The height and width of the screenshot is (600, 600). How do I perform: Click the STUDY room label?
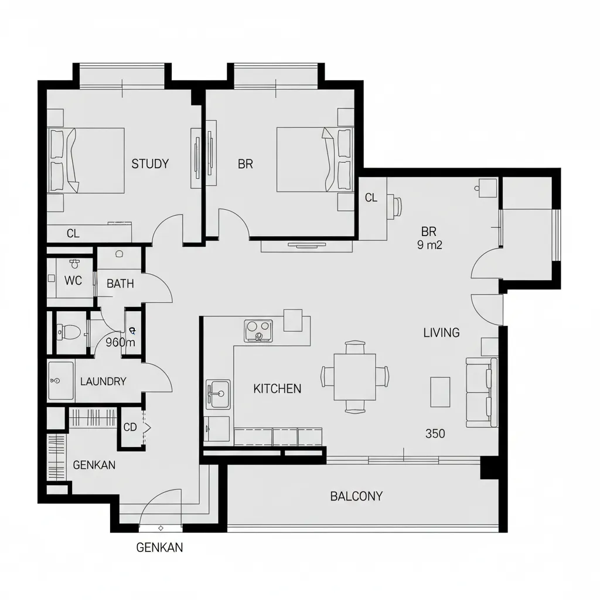pyautogui.click(x=150, y=164)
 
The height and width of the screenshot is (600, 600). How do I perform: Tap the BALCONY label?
pyautogui.click(x=356, y=496)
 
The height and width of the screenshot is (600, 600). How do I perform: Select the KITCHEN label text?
pyautogui.click(x=277, y=389)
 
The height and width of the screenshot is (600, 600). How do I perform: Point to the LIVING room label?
pyautogui.click(x=441, y=333)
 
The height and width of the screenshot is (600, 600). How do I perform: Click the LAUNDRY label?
pyautogui.click(x=103, y=381)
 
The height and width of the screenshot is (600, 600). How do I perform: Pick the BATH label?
pyautogui.click(x=120, y=284)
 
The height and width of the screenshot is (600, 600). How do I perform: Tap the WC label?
pyautogui.click(x=73, y=281)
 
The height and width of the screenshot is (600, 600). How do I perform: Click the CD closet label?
pyautogui.click(x=130, y=427)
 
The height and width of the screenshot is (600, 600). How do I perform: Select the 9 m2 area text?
pyautogui.click(x=429, y=245)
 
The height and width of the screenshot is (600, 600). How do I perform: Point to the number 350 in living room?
pyautogui.click(x=435, y=434)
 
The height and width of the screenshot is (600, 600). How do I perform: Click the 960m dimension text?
pyautogui.click(x=120, y=342)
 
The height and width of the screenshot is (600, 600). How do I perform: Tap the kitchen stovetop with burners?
pyautogui.click(x=258, y=330)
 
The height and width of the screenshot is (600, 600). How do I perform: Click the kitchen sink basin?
pyautogui.click(x=218, y=394)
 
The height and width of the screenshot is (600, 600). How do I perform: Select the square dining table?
pyautogui.click(x=354, y=377)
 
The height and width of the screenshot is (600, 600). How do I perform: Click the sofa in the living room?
pyautogui.click(x=482, y=392)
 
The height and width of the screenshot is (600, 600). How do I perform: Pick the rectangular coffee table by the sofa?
pyautogui.click(x=440, y=392)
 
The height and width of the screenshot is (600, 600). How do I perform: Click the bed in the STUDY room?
pyautogui.click(x=86, y=161)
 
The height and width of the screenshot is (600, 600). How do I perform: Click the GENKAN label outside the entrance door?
pyautogui.click(x=159, y=548)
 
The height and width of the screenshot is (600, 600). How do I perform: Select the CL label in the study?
pyautogui.click(x=73, y=233)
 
